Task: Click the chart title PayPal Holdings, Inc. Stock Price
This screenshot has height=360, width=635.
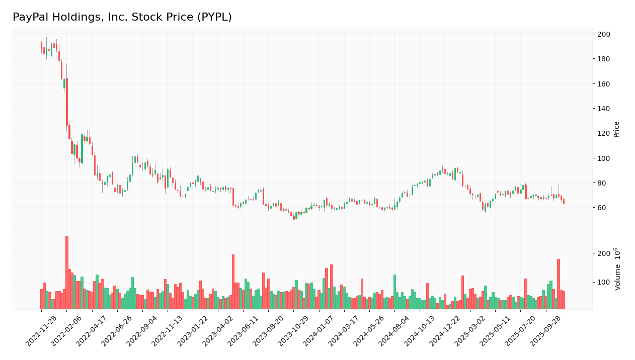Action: [122, 17]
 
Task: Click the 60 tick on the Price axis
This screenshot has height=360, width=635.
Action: [601, 208]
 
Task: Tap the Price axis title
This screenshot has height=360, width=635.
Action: [616, 129]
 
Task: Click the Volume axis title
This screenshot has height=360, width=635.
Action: [617, 269]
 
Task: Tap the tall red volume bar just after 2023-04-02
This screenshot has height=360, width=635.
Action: [233, 282]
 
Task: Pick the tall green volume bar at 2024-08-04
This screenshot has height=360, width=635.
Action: [394, 292]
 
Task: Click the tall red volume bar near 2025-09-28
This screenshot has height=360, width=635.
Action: [558, 284]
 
